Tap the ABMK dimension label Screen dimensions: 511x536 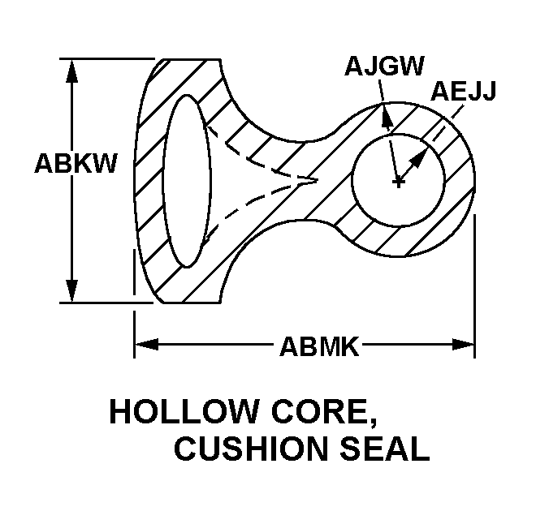pyautogui.click(x=319, y=347)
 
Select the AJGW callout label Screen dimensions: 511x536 pyautogui.click(x=384, y=66)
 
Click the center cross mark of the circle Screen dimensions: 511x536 pyautogui.click(x=398, y=182)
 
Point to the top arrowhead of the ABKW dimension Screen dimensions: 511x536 pyautogui.click(x=73, y=68)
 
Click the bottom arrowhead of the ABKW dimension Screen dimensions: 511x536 pyautogui.click(x=73, y=292)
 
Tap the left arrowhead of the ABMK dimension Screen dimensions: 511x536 pyautogui.click(x=144, y=346)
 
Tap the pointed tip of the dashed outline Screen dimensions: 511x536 pyautogui.click(x=313, y=179)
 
